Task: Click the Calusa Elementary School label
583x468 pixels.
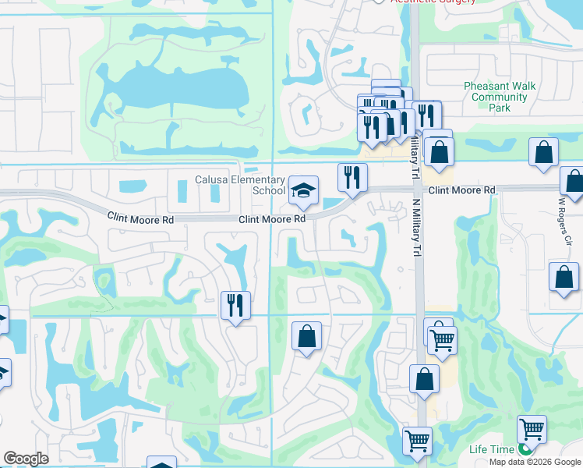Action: coord(240,186)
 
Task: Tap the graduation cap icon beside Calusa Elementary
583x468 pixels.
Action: coord(303,190)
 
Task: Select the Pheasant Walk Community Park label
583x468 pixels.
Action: coord(496,97)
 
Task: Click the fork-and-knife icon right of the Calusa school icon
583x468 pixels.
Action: coord(352,177)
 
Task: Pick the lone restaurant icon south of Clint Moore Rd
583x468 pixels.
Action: coord(235,304)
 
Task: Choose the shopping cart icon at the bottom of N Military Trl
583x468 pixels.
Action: coord(417,441)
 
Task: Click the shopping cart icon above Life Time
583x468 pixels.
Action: coord(532,429)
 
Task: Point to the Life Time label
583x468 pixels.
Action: coord(491,450)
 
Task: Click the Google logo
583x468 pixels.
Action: coord(26,459)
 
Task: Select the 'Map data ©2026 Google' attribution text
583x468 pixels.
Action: coord(535,462)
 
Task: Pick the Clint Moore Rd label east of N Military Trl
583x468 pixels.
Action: coord(461,190)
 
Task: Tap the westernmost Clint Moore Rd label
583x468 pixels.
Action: coord(140,219)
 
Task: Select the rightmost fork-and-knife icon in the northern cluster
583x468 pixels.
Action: coord(426,115)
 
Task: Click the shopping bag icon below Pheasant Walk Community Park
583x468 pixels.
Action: coord(543,152)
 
